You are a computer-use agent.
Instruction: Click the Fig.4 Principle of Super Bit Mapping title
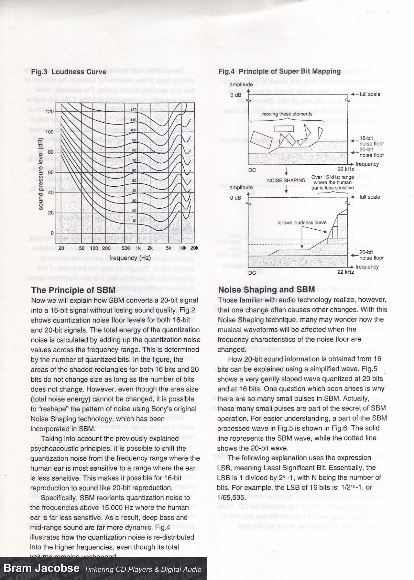279,71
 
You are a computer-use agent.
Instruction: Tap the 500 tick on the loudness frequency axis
126,248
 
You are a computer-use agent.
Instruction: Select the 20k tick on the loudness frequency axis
194,248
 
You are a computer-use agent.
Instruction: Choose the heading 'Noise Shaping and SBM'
267,290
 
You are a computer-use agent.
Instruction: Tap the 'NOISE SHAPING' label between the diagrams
286,181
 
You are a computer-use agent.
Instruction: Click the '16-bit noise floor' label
372,141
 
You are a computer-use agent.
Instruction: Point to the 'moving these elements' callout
287,114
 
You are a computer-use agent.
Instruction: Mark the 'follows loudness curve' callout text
302,223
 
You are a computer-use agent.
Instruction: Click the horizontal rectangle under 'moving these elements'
284,128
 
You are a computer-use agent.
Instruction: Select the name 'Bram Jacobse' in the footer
41,568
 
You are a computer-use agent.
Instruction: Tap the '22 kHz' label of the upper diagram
345,169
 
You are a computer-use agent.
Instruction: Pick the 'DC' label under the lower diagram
252,273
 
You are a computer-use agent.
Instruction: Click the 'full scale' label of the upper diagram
370,94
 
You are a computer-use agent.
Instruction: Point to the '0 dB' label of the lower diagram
235,198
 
